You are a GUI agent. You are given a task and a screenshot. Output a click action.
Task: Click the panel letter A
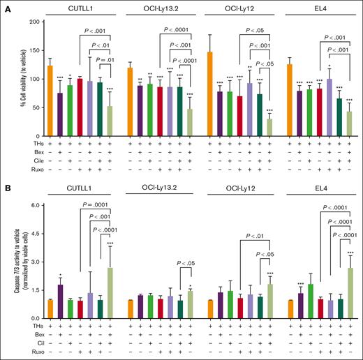[x=5, y=6]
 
